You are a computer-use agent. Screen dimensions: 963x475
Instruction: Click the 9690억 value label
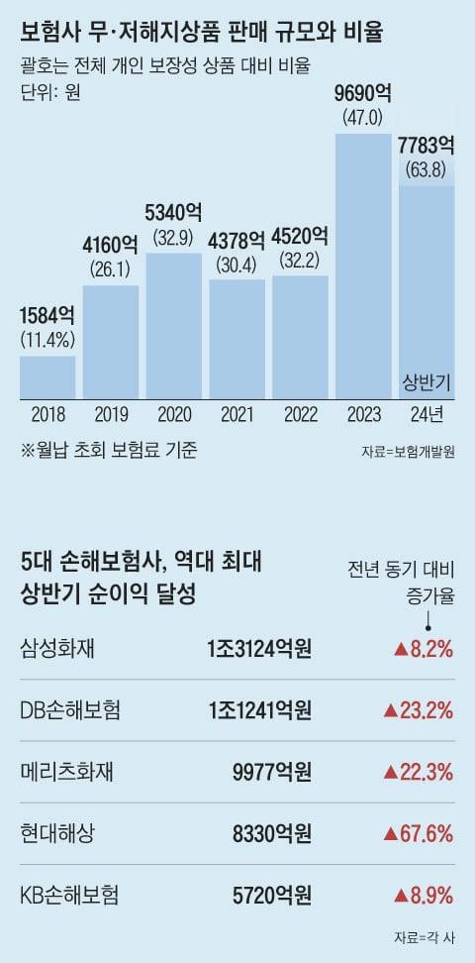coord(364,95)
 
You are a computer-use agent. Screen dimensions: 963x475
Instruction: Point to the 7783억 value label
coord(427,146)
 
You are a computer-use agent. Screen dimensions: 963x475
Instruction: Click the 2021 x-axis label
coord(237,413)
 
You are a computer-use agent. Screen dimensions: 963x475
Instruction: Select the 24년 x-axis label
coord(427,413)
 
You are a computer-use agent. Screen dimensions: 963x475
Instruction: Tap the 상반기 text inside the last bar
coord(427,381)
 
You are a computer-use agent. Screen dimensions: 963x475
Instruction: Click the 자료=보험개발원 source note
coord(408,451)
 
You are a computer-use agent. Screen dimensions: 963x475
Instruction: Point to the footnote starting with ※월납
coord(109,449)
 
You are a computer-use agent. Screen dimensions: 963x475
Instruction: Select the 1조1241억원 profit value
coord(259,710)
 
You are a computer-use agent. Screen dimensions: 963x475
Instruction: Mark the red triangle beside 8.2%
coord(401,650)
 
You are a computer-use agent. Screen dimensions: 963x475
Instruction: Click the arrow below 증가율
coord(428,620)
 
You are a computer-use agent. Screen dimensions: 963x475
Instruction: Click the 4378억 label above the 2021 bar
coord(237,240)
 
